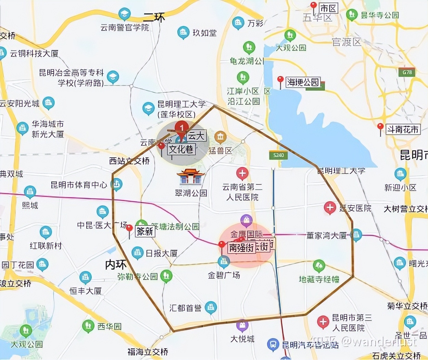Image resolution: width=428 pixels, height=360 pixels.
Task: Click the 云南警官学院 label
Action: click(x=125, y=27)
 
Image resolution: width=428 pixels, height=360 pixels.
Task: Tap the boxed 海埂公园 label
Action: click(x=303, y=82)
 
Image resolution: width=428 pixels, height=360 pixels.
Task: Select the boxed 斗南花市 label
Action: click(x=403, y=129)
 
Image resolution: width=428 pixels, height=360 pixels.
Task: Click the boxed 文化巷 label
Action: click(x=181, y=149)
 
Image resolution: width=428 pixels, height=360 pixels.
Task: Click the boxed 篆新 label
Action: click(x=145, y=232)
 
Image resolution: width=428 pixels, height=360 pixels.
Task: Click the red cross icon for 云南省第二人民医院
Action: click(x=242, y=173)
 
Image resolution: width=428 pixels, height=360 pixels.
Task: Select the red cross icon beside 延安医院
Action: click(x=330, y=207)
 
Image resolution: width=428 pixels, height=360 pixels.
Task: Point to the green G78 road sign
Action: click(x=407, y=72)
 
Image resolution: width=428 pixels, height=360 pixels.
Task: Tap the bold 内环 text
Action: click(x=116, y=265)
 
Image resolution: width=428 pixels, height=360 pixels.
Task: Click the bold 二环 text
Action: click(x=154, y=17)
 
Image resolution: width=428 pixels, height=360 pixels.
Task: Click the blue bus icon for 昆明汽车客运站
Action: click(x=273, y=344)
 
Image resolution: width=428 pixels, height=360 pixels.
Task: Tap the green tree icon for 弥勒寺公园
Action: click(x=166, y=276)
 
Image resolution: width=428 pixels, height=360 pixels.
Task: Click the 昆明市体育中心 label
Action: click(x=79, y=185)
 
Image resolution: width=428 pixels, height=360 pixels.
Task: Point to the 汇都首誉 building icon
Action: click(x=211, y=308)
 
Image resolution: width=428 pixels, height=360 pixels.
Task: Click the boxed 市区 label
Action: click(x=328, y=8)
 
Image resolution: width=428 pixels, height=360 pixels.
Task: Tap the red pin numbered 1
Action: click(x=181, y=128)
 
